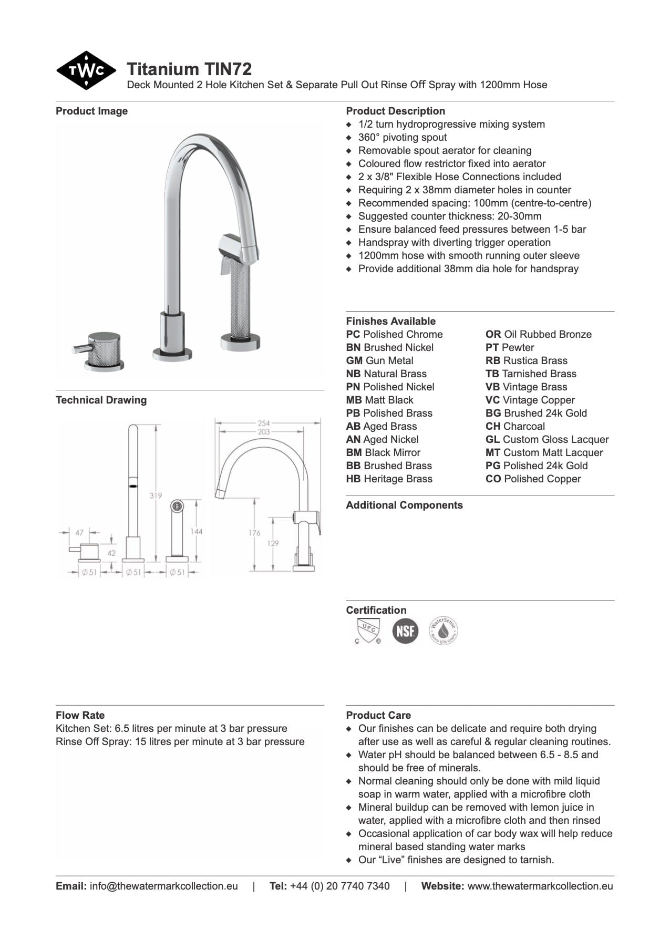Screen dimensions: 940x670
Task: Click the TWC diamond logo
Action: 86,70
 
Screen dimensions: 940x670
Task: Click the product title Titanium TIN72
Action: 189,69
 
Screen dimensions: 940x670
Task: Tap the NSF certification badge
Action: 405,631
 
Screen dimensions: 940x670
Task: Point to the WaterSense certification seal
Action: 443,631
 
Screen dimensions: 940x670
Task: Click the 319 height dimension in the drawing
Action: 156,495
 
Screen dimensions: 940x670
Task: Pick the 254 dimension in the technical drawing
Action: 264,423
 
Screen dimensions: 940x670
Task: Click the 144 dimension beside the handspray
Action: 196,531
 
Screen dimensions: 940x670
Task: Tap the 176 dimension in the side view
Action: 254,533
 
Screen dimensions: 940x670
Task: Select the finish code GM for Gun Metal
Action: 354,360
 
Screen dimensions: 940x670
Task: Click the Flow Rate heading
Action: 80,715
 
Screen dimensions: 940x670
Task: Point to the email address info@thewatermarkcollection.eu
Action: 163,886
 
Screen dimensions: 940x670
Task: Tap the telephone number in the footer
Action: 339,886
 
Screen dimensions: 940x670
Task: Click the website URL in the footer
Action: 540,886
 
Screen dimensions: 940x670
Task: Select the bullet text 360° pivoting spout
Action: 402,137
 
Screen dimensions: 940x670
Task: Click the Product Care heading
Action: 378,715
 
